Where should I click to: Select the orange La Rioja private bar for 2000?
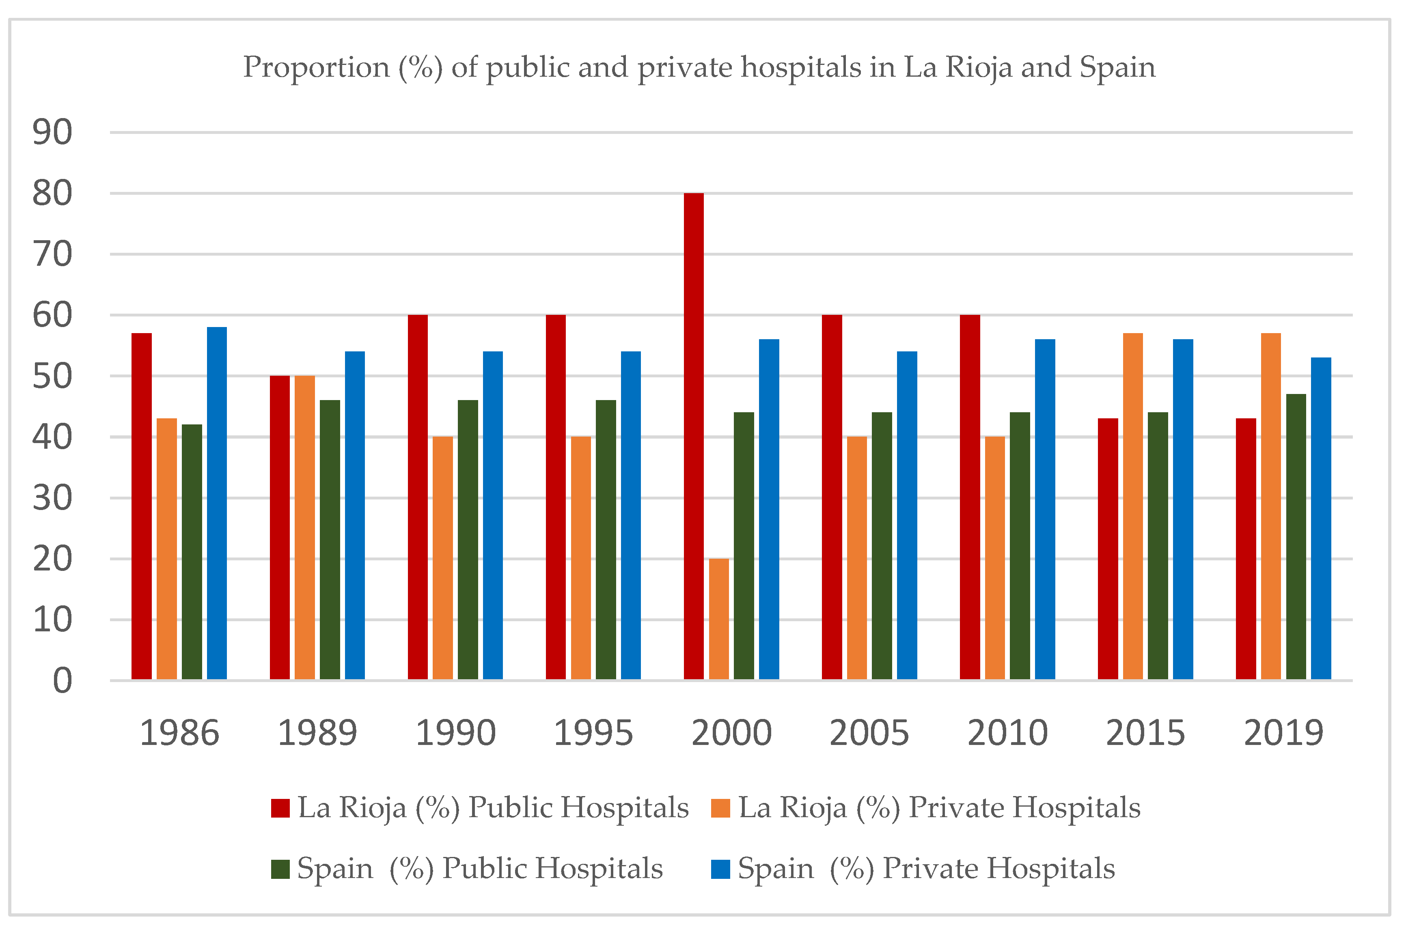(x=719, y=619)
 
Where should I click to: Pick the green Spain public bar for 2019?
(x=1296, y=537)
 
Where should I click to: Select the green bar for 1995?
(x=606, y=540)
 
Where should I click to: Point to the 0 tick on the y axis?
(x=63, y=680)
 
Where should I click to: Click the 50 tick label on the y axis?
(x=52, y=376)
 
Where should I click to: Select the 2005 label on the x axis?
(x=869, y=733)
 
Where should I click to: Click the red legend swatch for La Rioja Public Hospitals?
(x=280, y=808)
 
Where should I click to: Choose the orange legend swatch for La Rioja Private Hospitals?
(x=720, y=808)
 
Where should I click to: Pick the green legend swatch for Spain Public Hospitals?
(x=280, y=869)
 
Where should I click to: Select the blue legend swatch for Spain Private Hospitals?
(x=720, y=869)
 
